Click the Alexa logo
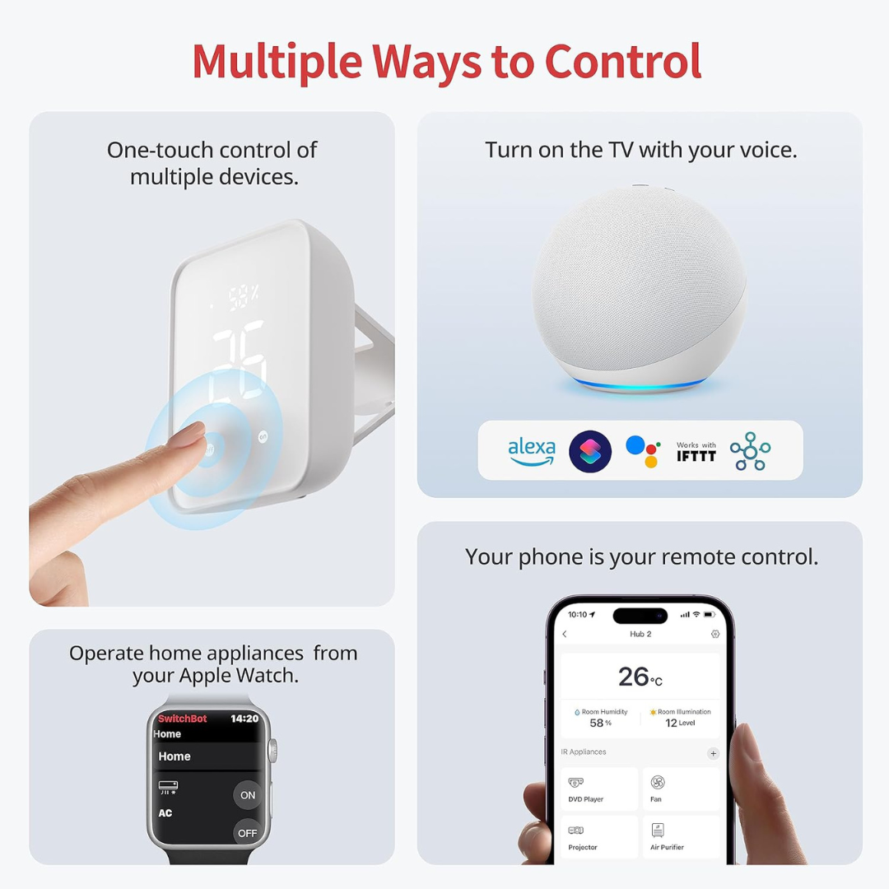click(x=531, y=451)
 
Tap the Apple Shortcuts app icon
click(x=590, y=451)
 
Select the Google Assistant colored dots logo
click(x=643, y=451)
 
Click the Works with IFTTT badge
click(x=696, y=451)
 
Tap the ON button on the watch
click(x=248, y=795)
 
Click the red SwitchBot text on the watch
click(x=182, y=719)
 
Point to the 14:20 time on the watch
click(x=244, y=719)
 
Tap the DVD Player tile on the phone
click(x=599, y=789)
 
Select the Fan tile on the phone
click(x=680, y=789)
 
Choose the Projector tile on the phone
click(x=599, y=836)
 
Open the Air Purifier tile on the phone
click(x=680, y=836)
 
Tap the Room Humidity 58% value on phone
click(x=601, y=718)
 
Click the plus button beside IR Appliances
click(x=713, y=753)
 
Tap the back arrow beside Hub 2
click(x=565, y=635)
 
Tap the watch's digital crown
click(x=273, y=751)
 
